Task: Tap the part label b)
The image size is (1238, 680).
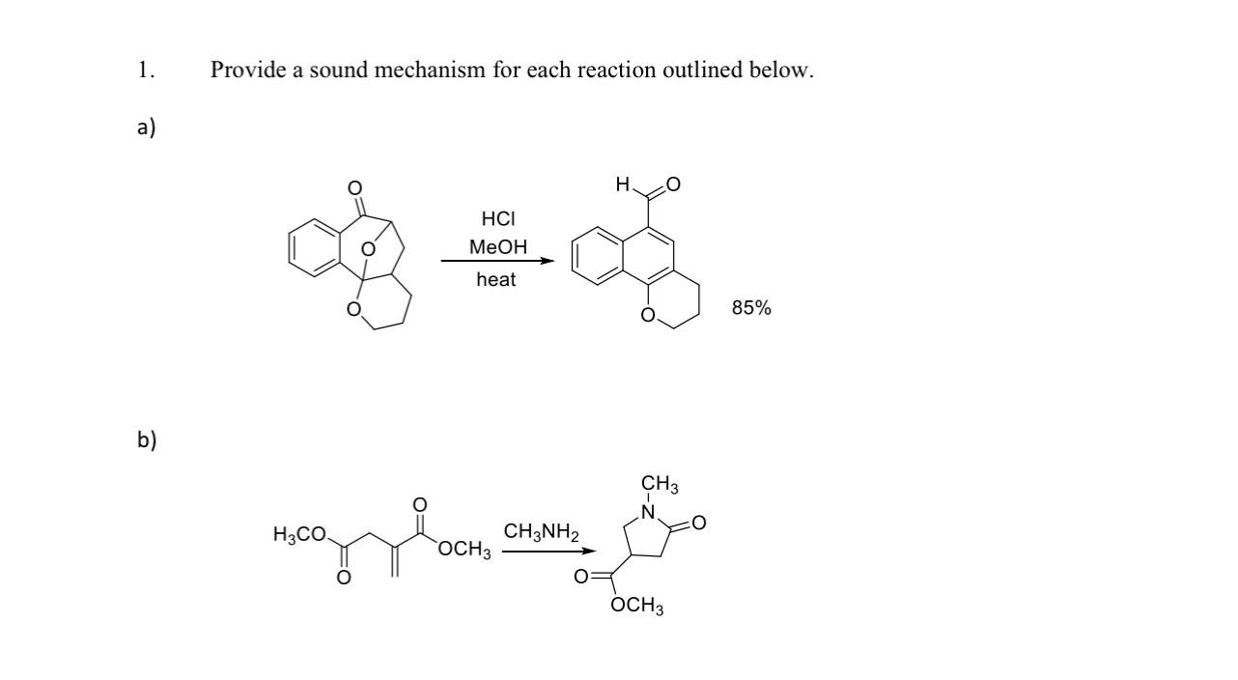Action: tap(146, 440)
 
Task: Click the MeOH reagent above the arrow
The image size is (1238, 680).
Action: tap(497, 247)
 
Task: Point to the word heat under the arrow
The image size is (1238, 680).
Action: tap(496, 280)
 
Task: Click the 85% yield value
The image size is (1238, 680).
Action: tap(751, 308)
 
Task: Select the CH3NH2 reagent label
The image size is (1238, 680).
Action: tap(541, 532)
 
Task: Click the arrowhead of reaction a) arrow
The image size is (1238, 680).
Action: tap(548, 261)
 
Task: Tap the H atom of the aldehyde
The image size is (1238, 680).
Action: tap(624, 184)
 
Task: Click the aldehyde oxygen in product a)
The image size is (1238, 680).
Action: tap(673, 184)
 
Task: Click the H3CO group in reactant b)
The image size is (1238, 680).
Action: tap(300, 533)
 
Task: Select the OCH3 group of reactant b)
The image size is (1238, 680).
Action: tap(464, 552)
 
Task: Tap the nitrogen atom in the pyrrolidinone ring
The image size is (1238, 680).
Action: tap(650, 510)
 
